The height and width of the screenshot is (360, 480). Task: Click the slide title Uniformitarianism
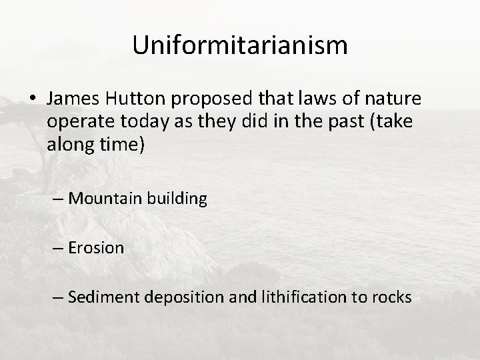[x=240, y=45]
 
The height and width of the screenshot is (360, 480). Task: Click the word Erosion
[x=96, y=247]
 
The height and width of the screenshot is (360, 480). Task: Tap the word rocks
[x=393, y=297]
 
